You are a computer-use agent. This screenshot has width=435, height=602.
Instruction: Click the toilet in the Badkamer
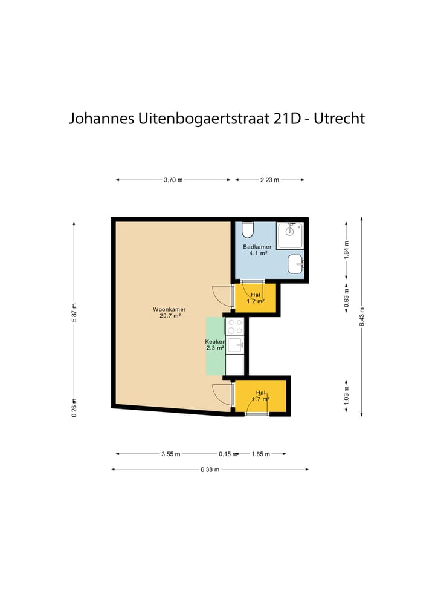coord(248,230)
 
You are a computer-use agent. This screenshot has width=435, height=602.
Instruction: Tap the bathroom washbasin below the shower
coord(295,264)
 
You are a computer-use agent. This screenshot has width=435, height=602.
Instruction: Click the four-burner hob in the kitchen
coord(234,327)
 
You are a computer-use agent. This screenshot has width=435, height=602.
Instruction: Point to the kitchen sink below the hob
coord(234,345)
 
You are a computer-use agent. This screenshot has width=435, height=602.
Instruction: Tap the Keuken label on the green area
coord(215,345)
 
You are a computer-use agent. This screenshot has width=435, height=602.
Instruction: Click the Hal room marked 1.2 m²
coord(256,297)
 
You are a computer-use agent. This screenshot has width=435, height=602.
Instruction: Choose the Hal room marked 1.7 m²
coord(261,395)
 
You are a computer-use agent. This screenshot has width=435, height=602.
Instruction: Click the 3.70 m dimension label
coord(173,180)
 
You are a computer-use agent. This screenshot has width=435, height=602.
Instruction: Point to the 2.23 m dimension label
coord(269,180)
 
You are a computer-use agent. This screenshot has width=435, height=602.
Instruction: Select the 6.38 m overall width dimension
coord(210,469)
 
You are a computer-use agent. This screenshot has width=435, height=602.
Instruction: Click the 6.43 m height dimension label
coord(361,315)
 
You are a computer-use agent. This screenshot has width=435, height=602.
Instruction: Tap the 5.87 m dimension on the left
coord(74,312)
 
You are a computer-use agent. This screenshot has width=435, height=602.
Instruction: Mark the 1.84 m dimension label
coord(346,250)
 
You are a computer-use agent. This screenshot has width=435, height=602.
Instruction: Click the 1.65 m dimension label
coord(260,453)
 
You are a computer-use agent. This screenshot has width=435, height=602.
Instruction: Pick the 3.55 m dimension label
coord(171,453)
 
